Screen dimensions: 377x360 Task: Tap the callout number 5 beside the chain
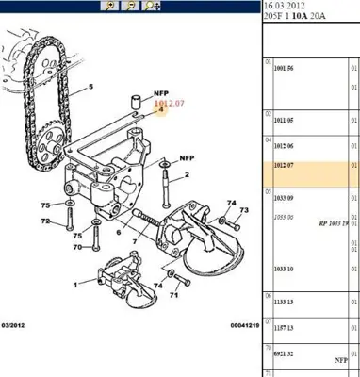click(91, 88)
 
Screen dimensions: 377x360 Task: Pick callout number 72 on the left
click(43, 221)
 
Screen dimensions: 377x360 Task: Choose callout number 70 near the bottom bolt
click(78, 247)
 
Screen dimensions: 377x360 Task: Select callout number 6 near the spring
click(118, 232)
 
